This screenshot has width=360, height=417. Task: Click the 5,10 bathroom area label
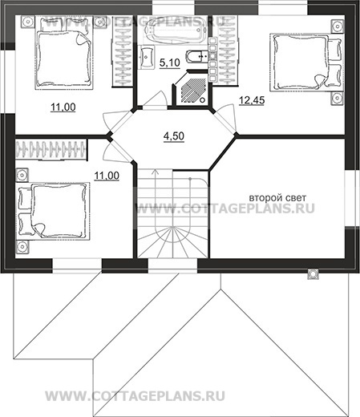(x=170, y=63)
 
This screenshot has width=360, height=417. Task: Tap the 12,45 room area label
(x=252, y=100)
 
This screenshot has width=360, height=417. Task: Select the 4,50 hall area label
(x=174, y=136)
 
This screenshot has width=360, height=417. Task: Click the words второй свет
(x=277, y=198)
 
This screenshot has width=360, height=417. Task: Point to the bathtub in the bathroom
(x=175, y=30)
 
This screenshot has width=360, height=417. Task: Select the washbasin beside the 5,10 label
(x=147, y=57)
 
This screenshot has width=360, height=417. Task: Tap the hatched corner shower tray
(x=192, y=90)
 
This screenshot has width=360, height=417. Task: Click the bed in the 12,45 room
(x=305, y=63)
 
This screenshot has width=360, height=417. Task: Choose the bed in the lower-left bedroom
(x=54, y=211)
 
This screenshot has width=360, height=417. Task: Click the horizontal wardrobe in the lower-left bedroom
(x=51, y=149)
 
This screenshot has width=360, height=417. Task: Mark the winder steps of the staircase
(x=172, y=241)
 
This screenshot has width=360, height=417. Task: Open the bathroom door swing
(x=155, y=99)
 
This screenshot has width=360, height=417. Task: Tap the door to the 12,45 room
(x=225, y=119)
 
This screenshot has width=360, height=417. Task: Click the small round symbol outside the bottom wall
(x=313, y=273)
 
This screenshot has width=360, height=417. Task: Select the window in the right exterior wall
(x=351, y=198)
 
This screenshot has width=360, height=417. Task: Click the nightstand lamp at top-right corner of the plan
(x=338, y=26)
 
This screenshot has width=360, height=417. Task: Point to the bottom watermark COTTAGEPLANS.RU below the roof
(x=136, y=396)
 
